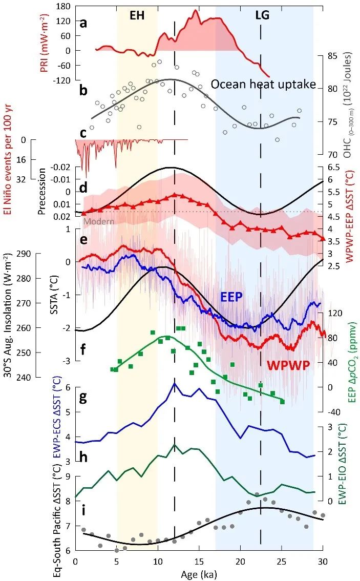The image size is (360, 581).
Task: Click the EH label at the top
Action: [137, 15]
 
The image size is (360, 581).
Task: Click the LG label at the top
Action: [262, 15]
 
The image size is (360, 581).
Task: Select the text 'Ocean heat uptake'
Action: [263, 85]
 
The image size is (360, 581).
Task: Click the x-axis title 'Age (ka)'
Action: [199, 574]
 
